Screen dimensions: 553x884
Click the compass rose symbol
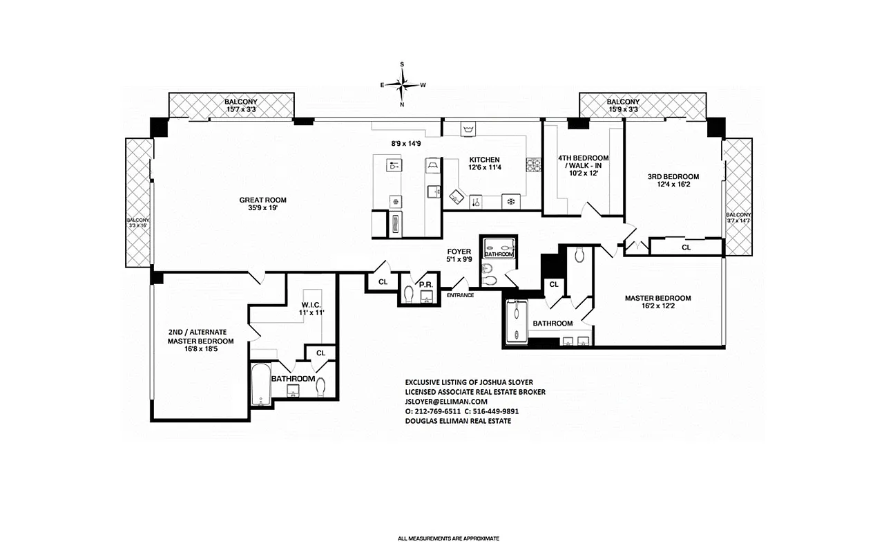pos(403,84)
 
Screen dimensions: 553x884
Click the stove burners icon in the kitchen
pos(533,165)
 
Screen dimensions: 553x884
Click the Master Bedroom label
pos(657,299)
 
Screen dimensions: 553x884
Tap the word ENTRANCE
pos(460,295)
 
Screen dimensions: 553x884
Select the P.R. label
pos(425,284)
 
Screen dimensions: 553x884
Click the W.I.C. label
pos(312,304)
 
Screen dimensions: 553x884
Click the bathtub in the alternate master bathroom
pos(260,384)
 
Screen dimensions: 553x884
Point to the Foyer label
pos(459,252)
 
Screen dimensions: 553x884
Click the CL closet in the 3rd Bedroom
pos(686,247)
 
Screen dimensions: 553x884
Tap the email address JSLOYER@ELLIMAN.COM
pos(446,402)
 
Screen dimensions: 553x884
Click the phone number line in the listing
pos(461,411)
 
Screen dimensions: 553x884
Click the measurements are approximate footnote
pos(448,538)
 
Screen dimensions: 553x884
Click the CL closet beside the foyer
pos(383,281)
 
